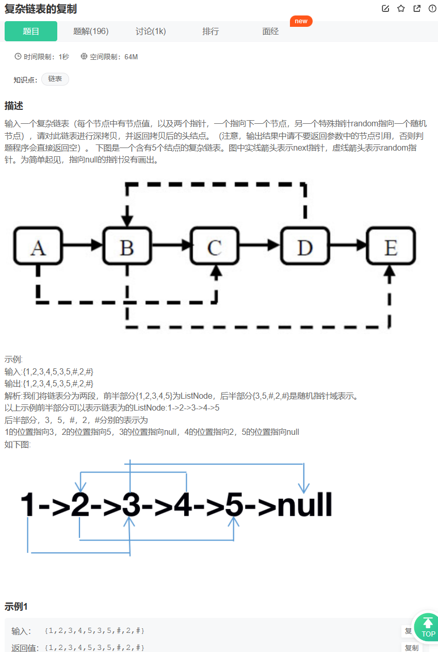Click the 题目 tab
point(31,31)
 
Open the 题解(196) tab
point(91,31)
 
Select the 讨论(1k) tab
point(151,31)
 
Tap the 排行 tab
point(210,31)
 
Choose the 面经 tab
point(270,31)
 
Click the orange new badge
point(301,21)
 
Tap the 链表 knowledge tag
point(55,79)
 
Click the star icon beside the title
point(401,8)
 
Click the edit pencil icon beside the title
point(385,8)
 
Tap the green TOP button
point(428,627)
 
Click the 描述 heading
point(14,106)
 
